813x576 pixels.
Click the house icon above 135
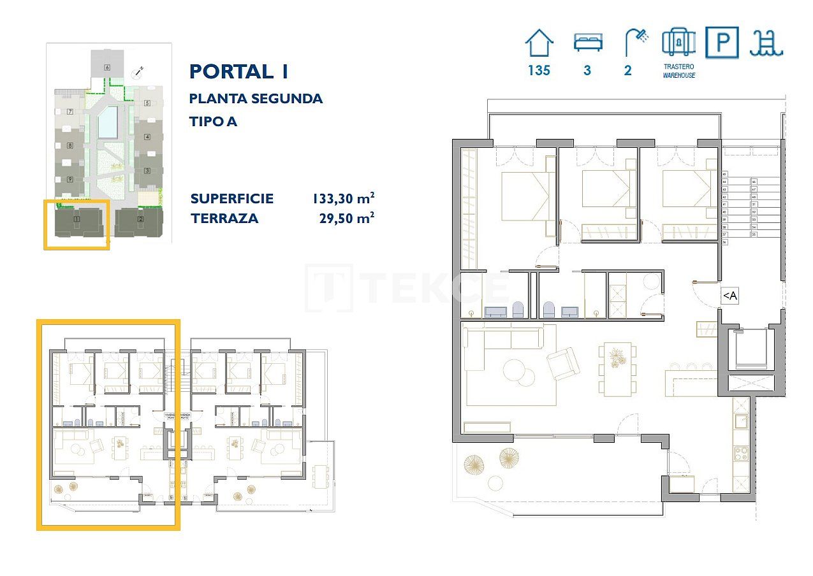click(539, 43)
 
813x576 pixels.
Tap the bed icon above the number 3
click(587, 43)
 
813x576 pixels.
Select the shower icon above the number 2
click(636, 43)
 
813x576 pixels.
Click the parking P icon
click(722, 43)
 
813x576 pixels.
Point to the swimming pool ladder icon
click(767, 43)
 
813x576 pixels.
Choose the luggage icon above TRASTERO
click(678, 42)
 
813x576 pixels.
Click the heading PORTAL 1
click(239, 71)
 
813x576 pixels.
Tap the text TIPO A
click(213, 121)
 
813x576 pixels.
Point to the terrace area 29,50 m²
click(346, 219)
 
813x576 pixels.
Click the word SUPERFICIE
click(232, 199)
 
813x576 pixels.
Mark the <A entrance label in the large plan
click(729, 296)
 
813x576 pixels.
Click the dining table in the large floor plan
click(617, 368)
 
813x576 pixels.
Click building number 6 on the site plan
click(107, 67)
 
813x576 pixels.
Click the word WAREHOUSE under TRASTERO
click(678, 75)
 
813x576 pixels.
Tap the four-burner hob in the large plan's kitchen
click(742, 454)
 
